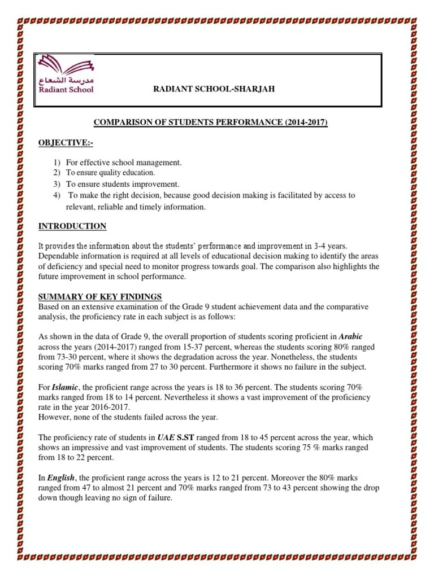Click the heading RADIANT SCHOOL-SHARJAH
(x=214, y=89)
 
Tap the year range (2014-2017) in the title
(x=306, y=122)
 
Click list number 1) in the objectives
(x=57, y=163)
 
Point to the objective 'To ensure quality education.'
(x=110, y=173)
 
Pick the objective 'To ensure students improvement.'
(x=122, y=184)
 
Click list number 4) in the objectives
(x=57, y=195)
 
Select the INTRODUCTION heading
(x=72, y=226)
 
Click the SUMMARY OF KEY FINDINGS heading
(x=100, y=296)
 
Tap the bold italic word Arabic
(x=350, y=336)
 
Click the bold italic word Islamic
(x=63, y=387)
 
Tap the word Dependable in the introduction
(x=58, y=256)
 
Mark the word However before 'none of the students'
(x=54, y=417)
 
